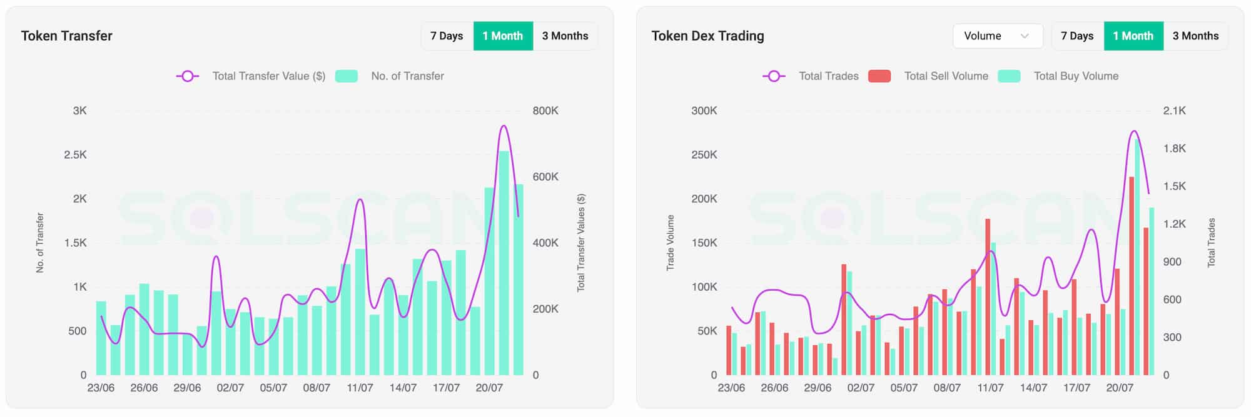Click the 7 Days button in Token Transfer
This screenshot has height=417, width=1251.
point(447,36)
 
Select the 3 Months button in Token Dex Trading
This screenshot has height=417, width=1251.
point(1195,36)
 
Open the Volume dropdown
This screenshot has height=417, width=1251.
point(997,36)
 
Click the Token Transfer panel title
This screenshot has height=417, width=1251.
point(67,36)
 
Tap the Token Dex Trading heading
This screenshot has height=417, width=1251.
point(707,36)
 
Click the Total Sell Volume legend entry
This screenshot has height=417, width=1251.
point(946,76)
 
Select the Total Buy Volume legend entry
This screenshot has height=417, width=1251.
point(1075,76)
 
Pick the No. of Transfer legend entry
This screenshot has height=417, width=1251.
point(407,76)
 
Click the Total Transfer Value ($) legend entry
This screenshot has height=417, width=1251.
point(268,76)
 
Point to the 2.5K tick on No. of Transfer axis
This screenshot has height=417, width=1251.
point(75,154)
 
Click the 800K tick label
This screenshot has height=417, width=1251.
point(545,111)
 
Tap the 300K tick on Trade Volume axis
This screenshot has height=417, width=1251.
point(704,111)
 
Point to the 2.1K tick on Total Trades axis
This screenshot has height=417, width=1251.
point(1174,111)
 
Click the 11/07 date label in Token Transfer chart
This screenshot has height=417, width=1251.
point(360,388)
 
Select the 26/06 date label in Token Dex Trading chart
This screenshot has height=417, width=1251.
point(774,388)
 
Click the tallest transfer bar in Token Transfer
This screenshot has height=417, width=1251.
point(504,263)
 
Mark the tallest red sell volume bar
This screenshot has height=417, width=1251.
point(1132,275)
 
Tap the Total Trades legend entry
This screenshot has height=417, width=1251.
point(828,76)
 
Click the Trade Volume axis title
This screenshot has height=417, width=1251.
point(671,243)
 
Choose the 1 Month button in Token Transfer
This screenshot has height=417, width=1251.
point(503,36)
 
